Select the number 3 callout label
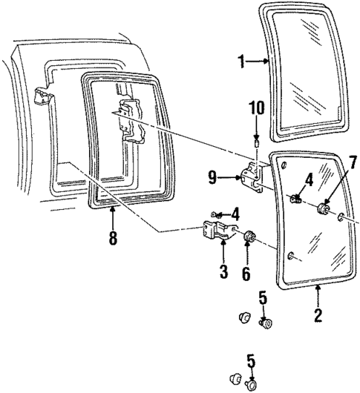pos(223,272)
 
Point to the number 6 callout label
pos(246,274)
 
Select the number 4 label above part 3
pos(235,214)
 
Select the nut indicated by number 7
pos(324,209)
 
